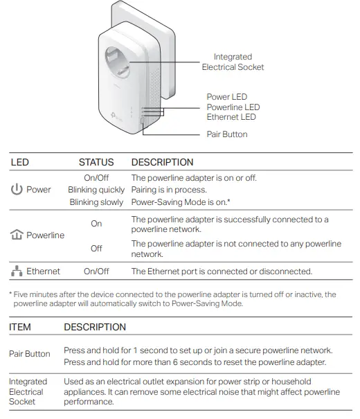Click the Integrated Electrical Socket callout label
233,62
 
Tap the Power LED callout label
226,97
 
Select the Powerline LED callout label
233,107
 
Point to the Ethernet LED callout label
231,117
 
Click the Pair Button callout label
226,134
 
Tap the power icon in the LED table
17,189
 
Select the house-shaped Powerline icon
17,235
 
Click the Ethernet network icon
16,271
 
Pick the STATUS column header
96,163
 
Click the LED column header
20,163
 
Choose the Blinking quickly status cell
96,190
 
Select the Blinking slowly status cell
97,202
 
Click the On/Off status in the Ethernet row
96,272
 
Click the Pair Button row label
30,354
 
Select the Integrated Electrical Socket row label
28,392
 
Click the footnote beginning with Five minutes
172,299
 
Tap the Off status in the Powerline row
96,248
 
